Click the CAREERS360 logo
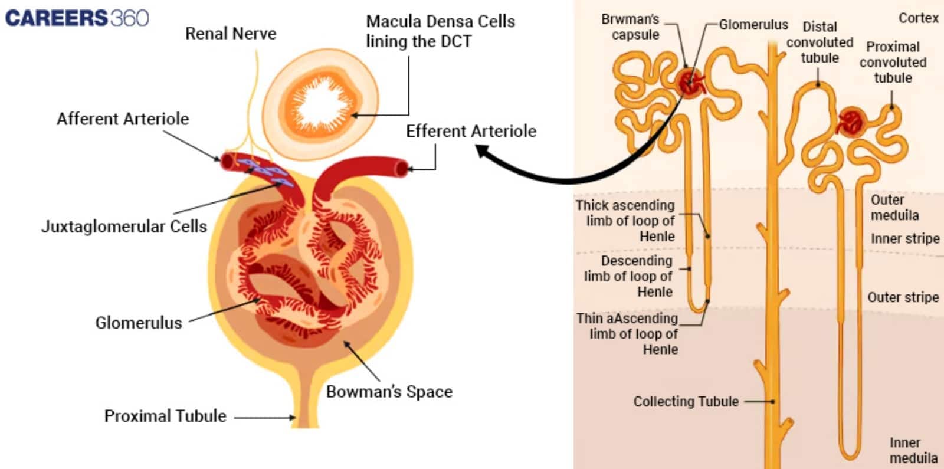click(x=77, y=18)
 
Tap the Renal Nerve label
click(x=230, y=34)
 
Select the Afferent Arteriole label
click(x=123, y=119)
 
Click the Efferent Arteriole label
click(x=471, y=131)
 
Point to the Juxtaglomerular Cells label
click(x=124, y=227)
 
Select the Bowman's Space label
click(x=389, y=392)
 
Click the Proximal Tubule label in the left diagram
click(x=165, y=416)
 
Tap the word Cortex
click(x=918, y=18)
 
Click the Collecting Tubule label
click(x=686, y=402)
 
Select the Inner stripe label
click(x=905, y=238)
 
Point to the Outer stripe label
click(x=903, y=297)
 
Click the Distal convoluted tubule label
click(x=820, y=42)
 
